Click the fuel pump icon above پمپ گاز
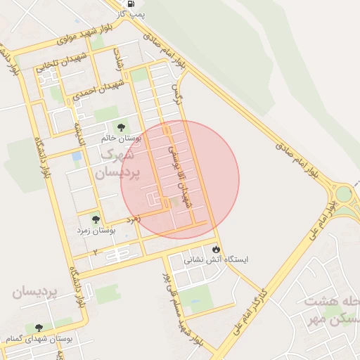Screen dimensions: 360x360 [132, 3]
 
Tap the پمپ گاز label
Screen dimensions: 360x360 [133, 13]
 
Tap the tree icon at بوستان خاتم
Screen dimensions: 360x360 [121, 127]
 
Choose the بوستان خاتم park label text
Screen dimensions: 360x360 [126, 139]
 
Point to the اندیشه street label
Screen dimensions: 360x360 [81, 130]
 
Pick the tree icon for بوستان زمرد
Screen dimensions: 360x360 [96, 219]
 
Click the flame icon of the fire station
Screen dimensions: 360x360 [216, 248]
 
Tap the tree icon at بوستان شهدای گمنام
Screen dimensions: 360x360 [38, 328]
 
